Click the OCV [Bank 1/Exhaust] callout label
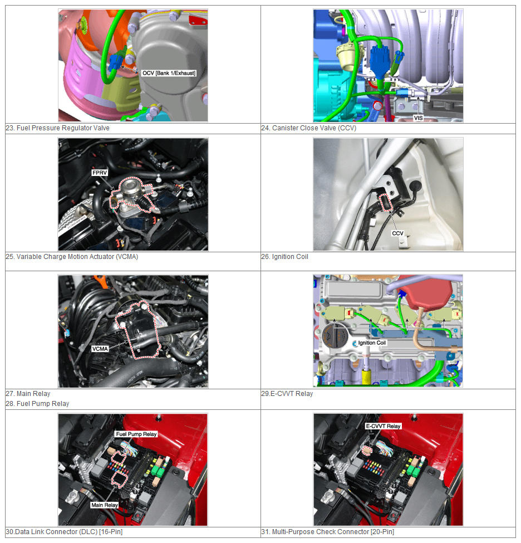tap(169, 73)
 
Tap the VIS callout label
tap(418, 118)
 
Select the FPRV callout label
tap(100, 173)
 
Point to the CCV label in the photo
tap(397, 233)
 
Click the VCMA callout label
tap(100, 349)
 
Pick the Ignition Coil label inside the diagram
tap(372, 343)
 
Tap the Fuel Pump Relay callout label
tap(136, 434)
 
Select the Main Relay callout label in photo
tap(105, 505)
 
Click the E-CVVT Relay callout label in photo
tap(383, 426)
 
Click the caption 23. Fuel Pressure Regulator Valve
tap(57, 128)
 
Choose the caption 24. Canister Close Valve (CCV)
tap(309, 128)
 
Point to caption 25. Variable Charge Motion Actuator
tap(72, 257)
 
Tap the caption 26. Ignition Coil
tap(284, 257)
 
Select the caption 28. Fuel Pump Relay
tap(37, 403)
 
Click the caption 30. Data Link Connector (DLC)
tap(64, 531)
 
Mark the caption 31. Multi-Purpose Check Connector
tap(327, 531)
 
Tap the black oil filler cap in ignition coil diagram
tap(335, 336)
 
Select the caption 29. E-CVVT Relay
tap(287, 394)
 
